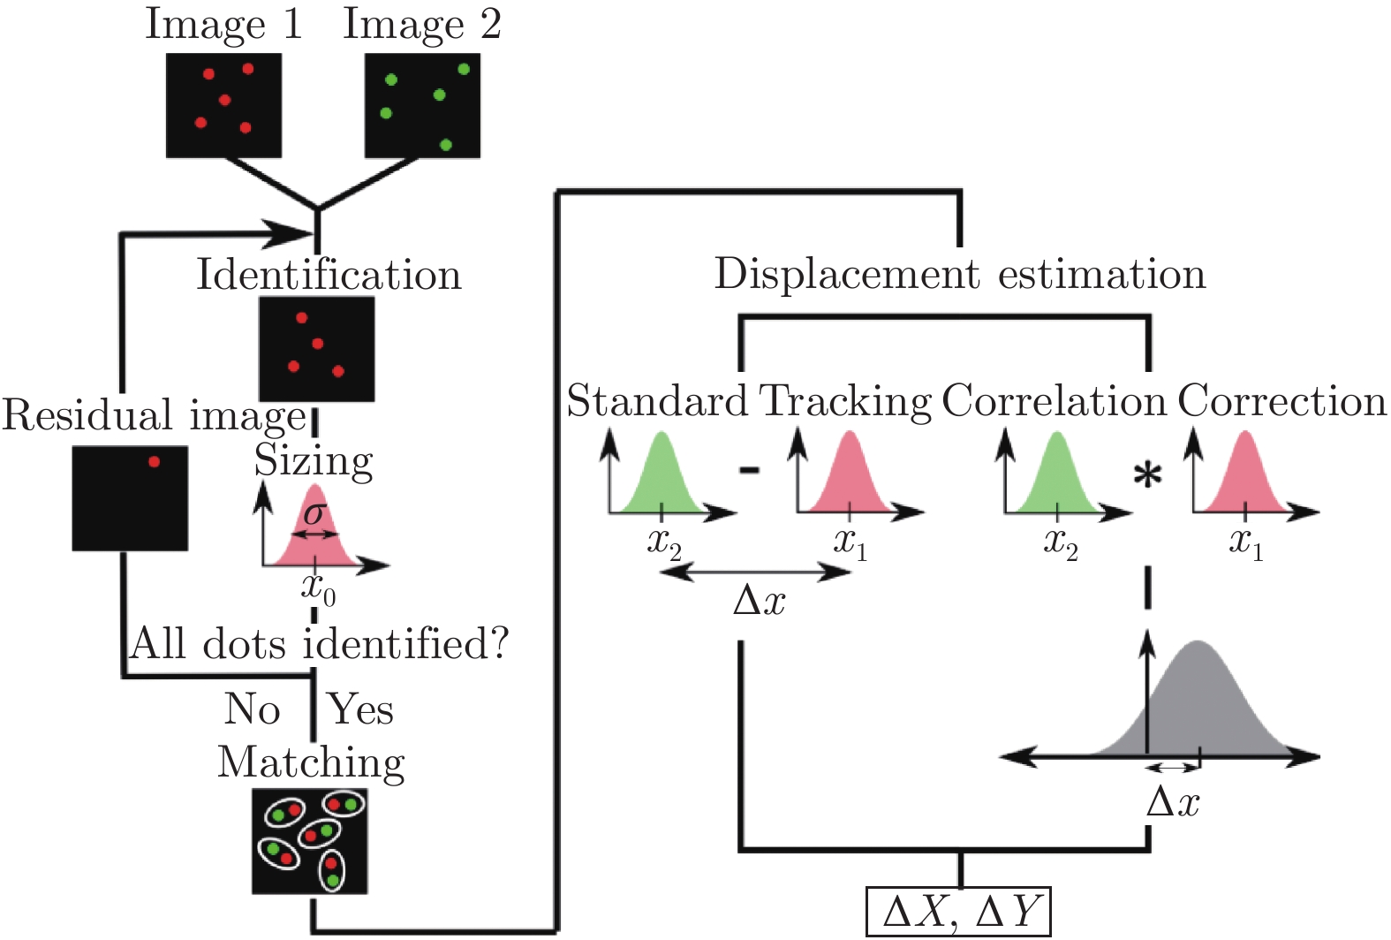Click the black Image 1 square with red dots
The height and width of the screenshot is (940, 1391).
tap(224, 105)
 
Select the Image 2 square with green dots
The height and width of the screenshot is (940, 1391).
tap(422, 105)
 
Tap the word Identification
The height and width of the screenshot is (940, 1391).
tap(329, 275)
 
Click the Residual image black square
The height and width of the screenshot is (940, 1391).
tap(130, 498)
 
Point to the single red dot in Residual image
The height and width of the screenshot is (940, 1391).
tap(154, 461)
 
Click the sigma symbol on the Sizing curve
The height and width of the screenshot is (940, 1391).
tap(314, 514)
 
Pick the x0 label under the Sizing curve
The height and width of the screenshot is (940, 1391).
tap(318, 587)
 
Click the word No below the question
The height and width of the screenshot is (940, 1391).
tap(253, 709)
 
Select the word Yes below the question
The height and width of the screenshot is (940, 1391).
tap(360, 709)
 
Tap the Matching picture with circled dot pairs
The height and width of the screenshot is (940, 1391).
tap(310, 841)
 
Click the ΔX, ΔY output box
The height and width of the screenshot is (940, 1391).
tap(958, 912)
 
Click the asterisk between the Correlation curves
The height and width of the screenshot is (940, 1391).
tap(1147, 478)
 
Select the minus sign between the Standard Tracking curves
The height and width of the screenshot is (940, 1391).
tap(749, 470)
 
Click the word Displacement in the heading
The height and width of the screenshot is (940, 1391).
tap(847, 274)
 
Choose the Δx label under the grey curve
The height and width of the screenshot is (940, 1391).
tap(1173, 803)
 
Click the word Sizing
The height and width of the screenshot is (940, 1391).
tap(314, 461)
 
